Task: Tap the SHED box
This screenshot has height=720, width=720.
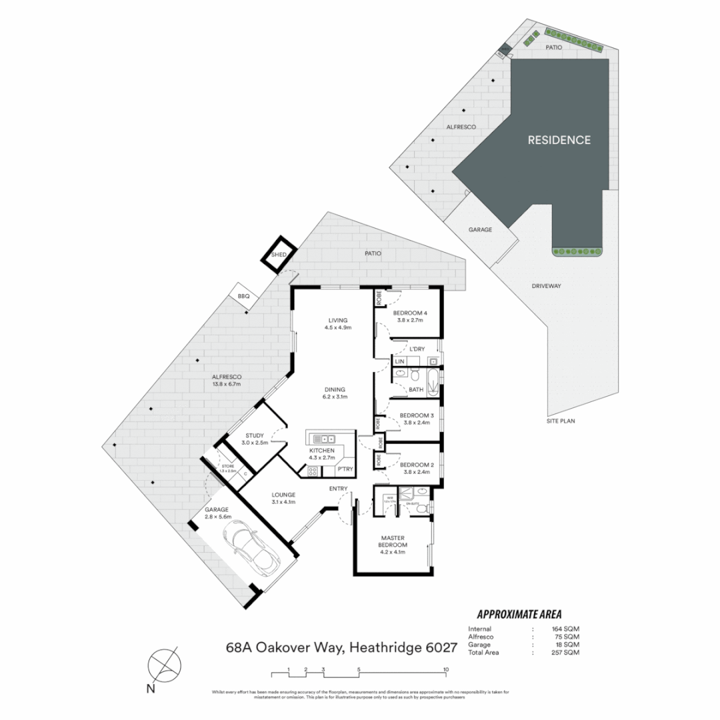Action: (x=278, y=255)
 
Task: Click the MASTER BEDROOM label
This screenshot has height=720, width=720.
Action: (x=393, y=541)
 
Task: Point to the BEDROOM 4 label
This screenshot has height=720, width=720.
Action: (x=409, y=313)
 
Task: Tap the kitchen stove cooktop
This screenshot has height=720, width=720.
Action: (x=312, y=471)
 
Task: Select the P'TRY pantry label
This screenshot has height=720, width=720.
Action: (x=345, y=469)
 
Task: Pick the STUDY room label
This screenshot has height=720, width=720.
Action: (x=254, y=436)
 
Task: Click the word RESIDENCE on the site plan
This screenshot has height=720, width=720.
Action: (x=559, y=140)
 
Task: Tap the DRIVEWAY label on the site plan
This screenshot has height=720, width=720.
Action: (x=546, y=286)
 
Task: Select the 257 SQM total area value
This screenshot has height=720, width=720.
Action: (x=566, y=653)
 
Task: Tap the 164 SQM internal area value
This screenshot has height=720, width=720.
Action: (x=566, y=629)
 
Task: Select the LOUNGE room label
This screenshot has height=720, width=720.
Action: (x=283, y=495)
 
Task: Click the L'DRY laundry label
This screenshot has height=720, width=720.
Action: (x=417, y=349)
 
